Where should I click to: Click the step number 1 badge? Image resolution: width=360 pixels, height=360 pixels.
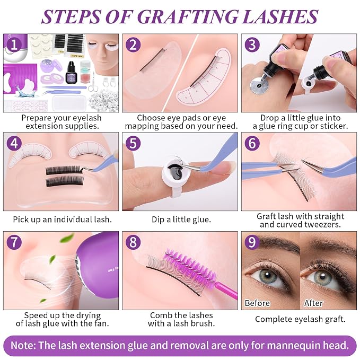(x=14, y=45)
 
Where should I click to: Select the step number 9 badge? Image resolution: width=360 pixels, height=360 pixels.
(x=252, y=242)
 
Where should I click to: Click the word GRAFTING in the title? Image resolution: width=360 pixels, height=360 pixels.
(x=188, y=17)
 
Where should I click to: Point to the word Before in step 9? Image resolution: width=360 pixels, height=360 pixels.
(x=257, y=303)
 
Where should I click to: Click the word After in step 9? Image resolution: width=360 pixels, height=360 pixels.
(x=314, y=303)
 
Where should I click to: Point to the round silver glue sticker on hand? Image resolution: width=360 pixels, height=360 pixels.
(x=259, y=85)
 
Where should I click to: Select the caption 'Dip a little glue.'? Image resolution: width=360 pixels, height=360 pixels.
(x=181, y=219)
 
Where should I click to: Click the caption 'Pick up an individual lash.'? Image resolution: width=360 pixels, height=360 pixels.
(x=62, y=219)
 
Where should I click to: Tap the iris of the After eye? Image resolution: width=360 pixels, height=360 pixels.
(x=323, y=277)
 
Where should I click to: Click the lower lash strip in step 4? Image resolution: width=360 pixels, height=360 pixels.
(x=65, y=182)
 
